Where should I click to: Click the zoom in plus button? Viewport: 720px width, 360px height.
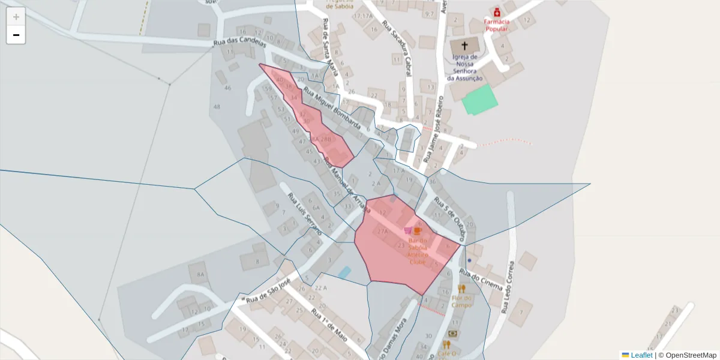point(16,17)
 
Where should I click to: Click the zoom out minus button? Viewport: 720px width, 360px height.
point(16,35)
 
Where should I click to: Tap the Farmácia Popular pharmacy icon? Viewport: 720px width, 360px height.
point(497,12)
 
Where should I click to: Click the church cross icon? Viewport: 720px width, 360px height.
point(464,45)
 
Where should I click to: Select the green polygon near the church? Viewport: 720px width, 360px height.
point(480,99)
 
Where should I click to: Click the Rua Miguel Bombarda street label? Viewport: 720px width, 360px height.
point(332,109)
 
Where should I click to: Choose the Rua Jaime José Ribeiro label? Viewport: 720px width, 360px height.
point(434,128)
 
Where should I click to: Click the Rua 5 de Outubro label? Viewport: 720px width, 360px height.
point(453,217)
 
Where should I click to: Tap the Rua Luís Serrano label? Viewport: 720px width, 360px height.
point(304,214)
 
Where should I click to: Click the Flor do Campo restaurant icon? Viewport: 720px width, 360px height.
point(461,289)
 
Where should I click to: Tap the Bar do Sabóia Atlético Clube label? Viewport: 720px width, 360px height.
point(418,250)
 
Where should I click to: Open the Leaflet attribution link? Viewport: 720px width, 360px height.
point(641,355)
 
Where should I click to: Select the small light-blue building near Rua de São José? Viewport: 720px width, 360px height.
point(344,272)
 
